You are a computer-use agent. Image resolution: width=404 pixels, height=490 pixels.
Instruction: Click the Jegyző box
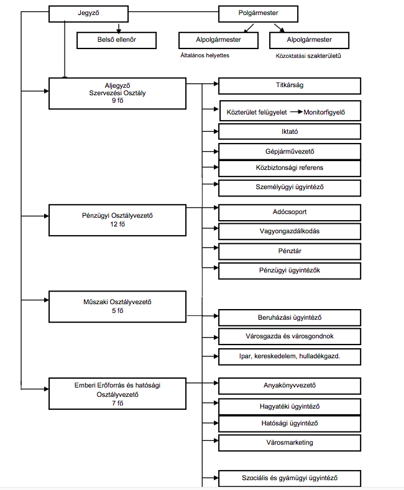pyautogui.click(x=88, y=14)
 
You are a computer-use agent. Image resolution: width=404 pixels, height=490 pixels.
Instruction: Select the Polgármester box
pyautogui.click(x=258, y=14)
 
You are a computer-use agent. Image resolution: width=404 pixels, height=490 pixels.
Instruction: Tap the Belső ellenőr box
pyautogui.click(x=117, y=40)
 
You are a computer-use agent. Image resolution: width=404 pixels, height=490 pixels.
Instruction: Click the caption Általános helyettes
pyautogui.click(x=205, y=55)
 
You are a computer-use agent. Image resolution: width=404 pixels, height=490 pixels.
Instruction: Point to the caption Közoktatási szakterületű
pyautogui.click(x=308, y=56)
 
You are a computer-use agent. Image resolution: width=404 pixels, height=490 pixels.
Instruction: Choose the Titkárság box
pyautogui.click(x=290, y=86)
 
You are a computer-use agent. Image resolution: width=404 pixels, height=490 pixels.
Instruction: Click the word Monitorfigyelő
pyautogui.click(x=324, y=112)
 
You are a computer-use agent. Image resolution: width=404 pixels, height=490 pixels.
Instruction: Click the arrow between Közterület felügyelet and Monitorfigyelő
pyautogui.click(x=296, y=111)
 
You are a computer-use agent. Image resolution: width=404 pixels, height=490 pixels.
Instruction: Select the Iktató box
pyautogui.click(x=290, y=132)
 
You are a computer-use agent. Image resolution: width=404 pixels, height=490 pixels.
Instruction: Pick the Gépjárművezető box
pyautogui.click(x=290, y=152)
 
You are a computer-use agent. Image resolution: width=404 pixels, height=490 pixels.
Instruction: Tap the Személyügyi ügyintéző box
pyautogui.click(x=290, y=188)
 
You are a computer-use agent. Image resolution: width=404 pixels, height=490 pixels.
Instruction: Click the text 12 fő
pyautogui.click(x=117, y=224)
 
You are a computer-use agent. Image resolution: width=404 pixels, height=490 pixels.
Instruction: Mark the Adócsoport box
pyautogui.click(x=290, y=213)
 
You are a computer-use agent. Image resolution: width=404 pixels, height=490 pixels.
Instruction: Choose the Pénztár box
pyautogui.click(x=290, y=252)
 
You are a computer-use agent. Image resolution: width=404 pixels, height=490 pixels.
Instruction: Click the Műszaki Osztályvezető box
pyautogui.click(x=117, y=307)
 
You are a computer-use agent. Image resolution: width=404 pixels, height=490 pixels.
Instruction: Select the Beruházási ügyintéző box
pyautogui.click(x=290, y=318)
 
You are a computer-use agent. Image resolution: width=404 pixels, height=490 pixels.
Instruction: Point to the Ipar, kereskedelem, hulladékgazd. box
pyautogui.click(x=290, y=357)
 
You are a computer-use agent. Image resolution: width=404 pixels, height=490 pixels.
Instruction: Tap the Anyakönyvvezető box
pyautogui.click(x=290, y=386)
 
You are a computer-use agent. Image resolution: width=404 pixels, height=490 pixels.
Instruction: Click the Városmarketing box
pyautogui.click(x=290, y=443)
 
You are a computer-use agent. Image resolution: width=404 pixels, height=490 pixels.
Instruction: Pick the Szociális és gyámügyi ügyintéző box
pyautogui.click(x=290, y=478)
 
